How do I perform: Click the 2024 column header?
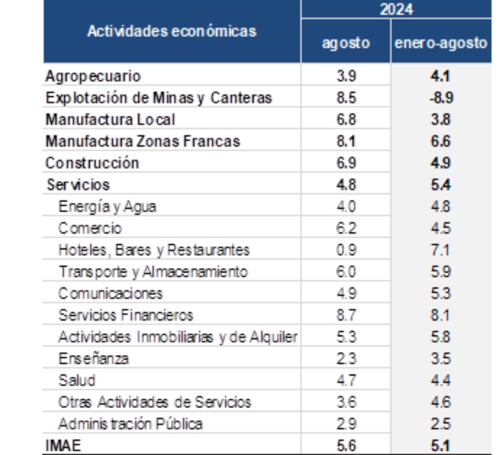pos(396,9)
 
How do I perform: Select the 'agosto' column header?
pos(346,43)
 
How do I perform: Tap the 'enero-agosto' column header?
pos(441,43)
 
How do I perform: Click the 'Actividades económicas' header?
pos(172,31)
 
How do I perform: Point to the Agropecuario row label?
pos(93,77)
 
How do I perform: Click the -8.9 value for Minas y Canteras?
pos(441,97)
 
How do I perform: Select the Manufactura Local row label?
pos(110,119)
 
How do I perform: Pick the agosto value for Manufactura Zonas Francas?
pos(346,141)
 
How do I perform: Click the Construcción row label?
pos(92,162)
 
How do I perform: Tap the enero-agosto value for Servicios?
pos(441,184)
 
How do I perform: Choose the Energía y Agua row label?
pos(107,207)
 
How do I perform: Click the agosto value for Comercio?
pos(346,228)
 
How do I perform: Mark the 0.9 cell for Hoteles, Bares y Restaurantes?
pos(346,250)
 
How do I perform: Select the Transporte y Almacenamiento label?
pos(153,272)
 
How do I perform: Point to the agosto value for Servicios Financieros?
pos(346,315)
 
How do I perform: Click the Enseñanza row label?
pos(93,358)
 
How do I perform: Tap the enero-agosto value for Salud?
pos(441,380)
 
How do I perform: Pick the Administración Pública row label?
pos(131,424)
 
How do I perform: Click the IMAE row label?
pos(63,446)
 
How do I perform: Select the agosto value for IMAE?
pos(346,446)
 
